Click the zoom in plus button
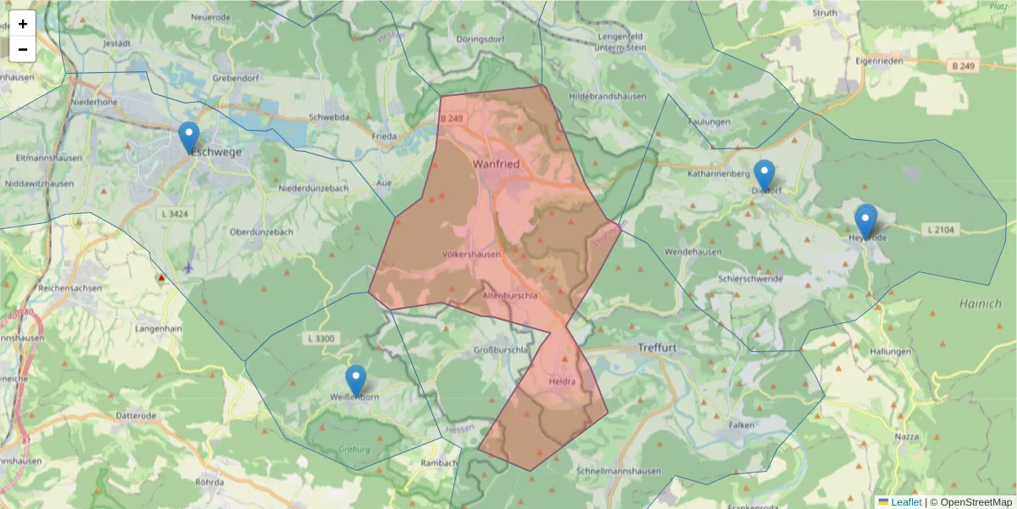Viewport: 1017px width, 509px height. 23,25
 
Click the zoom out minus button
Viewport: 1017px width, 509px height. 23,49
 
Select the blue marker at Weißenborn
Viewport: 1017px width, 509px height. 356,381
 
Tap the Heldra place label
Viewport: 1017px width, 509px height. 562,382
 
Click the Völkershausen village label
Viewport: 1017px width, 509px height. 471,254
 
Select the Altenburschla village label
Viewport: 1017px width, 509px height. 509,295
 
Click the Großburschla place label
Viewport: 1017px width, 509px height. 501,349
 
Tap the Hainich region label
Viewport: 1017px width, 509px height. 981,303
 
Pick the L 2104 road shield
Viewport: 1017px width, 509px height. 941,229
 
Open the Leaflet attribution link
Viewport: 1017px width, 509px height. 906,502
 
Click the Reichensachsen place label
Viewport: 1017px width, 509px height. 70,288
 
